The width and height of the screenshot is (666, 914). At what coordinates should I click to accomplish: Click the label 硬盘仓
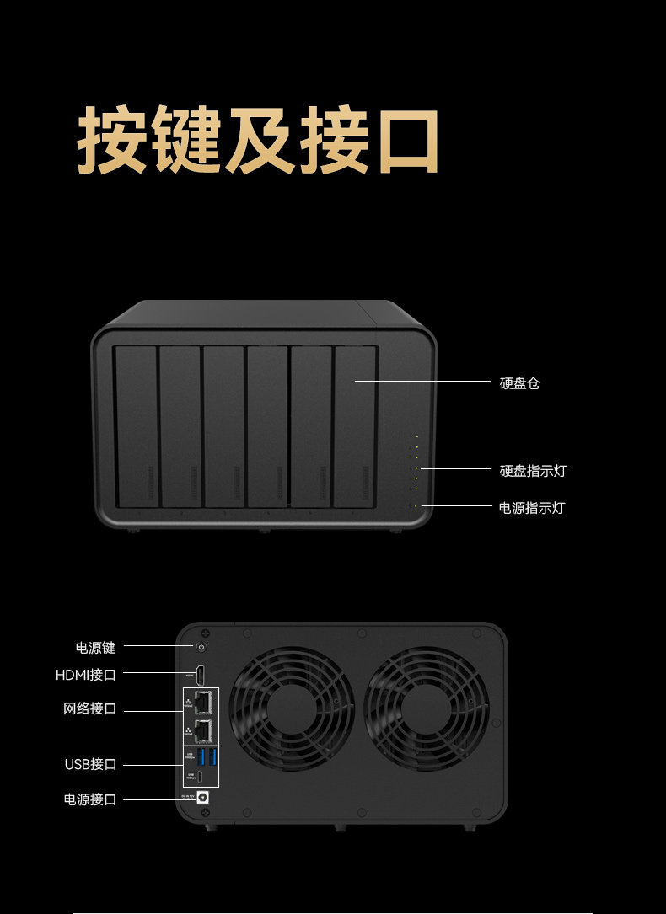[x=519, y=383]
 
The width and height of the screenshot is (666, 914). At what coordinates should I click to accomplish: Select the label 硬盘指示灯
[x=533, y=471]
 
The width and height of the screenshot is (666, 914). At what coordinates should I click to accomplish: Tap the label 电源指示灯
[x=532, y=508]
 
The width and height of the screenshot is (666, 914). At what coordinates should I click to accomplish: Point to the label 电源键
[x=95, y=648]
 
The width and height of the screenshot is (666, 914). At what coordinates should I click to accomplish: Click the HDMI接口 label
[x=86, y=675]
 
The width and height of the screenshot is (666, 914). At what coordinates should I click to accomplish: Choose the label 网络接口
[x=90, y=708]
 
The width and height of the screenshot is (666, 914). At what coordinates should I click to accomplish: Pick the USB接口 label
[x=90, y=765]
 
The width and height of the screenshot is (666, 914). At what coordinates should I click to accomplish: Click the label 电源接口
[x=90, y=799]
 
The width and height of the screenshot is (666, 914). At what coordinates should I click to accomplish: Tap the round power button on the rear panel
[x=201, y=647]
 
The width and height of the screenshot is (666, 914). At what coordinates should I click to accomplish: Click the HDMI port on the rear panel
[x=201, y=674]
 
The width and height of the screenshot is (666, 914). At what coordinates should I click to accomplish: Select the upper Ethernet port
[x=202, y=700]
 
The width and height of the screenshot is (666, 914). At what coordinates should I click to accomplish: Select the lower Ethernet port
[x=202, y=730]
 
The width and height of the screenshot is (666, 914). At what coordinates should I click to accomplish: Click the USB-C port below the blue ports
[x=202, y=777]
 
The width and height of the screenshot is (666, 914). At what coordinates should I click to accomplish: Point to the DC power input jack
[x=202, y=799]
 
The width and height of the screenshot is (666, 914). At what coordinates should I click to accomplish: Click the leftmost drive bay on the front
[x=137, y=426]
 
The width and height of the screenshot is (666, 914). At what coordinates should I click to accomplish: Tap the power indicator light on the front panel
[x=415, y=505]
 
